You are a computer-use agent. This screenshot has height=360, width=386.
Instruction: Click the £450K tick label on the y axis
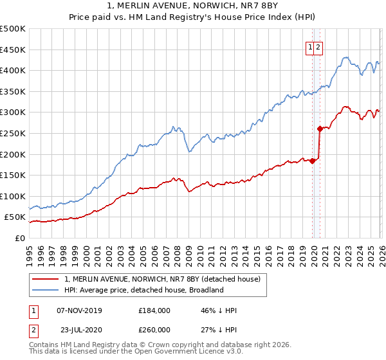point(13,50)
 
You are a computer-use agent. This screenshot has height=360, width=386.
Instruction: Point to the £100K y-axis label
point(13,196)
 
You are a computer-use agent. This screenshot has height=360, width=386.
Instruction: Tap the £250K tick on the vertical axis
point(13,133)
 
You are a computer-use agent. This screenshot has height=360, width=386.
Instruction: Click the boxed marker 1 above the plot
point(310,46)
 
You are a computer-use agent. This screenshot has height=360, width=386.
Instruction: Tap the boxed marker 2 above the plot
point(318,46)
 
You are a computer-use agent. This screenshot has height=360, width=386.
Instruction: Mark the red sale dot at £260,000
point(320,129)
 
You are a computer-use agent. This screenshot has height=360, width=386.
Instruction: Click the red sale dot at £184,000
point(312,161)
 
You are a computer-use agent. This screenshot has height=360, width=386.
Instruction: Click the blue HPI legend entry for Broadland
point(143,290)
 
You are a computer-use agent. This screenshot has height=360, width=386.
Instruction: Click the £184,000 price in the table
point(154,310)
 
